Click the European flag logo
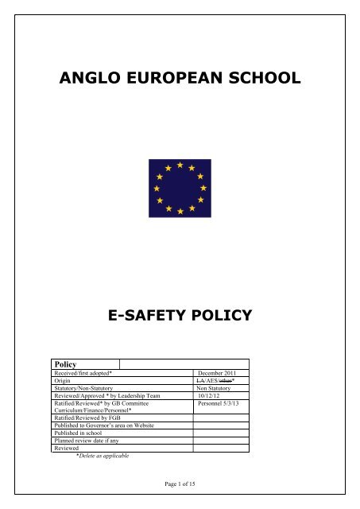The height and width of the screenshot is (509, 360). pos(180,188)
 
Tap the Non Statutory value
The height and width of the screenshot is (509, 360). pos(219,389)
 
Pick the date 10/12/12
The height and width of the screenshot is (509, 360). pos(211,397)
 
